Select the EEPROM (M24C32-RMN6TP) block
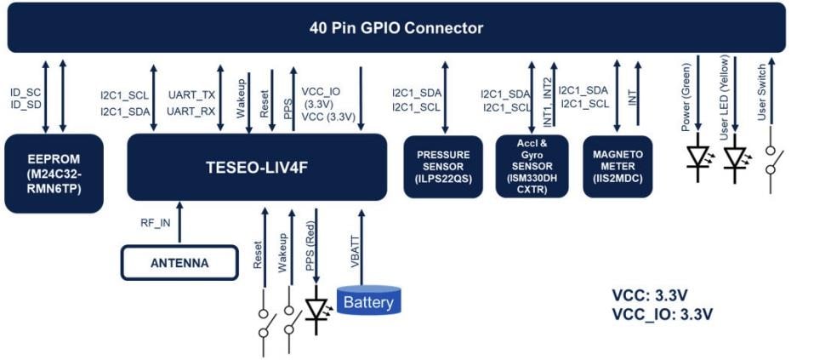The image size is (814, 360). pos(54,172)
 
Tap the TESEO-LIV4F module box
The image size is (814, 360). pos(257,167)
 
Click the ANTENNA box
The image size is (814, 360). pos(179,262)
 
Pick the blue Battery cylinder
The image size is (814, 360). pos(367,300)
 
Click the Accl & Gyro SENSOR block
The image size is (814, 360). pos(532,167)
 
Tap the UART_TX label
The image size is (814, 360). pos(190,95)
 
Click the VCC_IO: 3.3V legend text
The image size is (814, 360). pos(662,314)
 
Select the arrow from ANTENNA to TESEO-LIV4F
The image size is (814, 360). pos(179,223)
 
